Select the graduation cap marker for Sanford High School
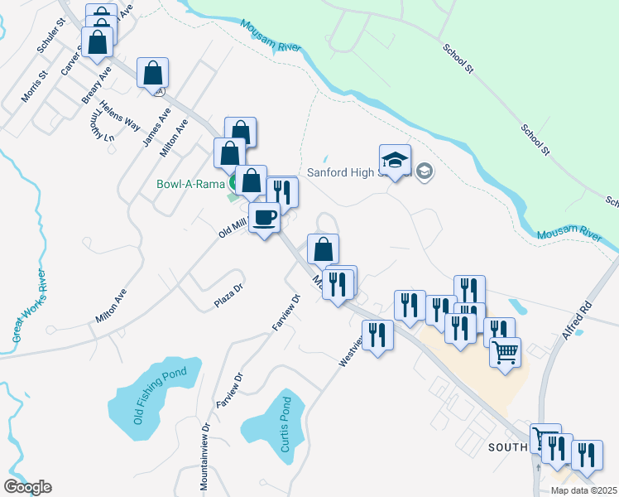coord(395,161)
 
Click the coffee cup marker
coord(265,219)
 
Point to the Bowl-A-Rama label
coord(190,184)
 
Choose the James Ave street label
coord(156,128)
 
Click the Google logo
coord(27,487)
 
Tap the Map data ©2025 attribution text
coord(583,490)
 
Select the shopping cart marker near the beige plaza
coord(505,352)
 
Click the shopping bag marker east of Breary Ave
coord(153,73)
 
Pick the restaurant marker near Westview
coord(377,336)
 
